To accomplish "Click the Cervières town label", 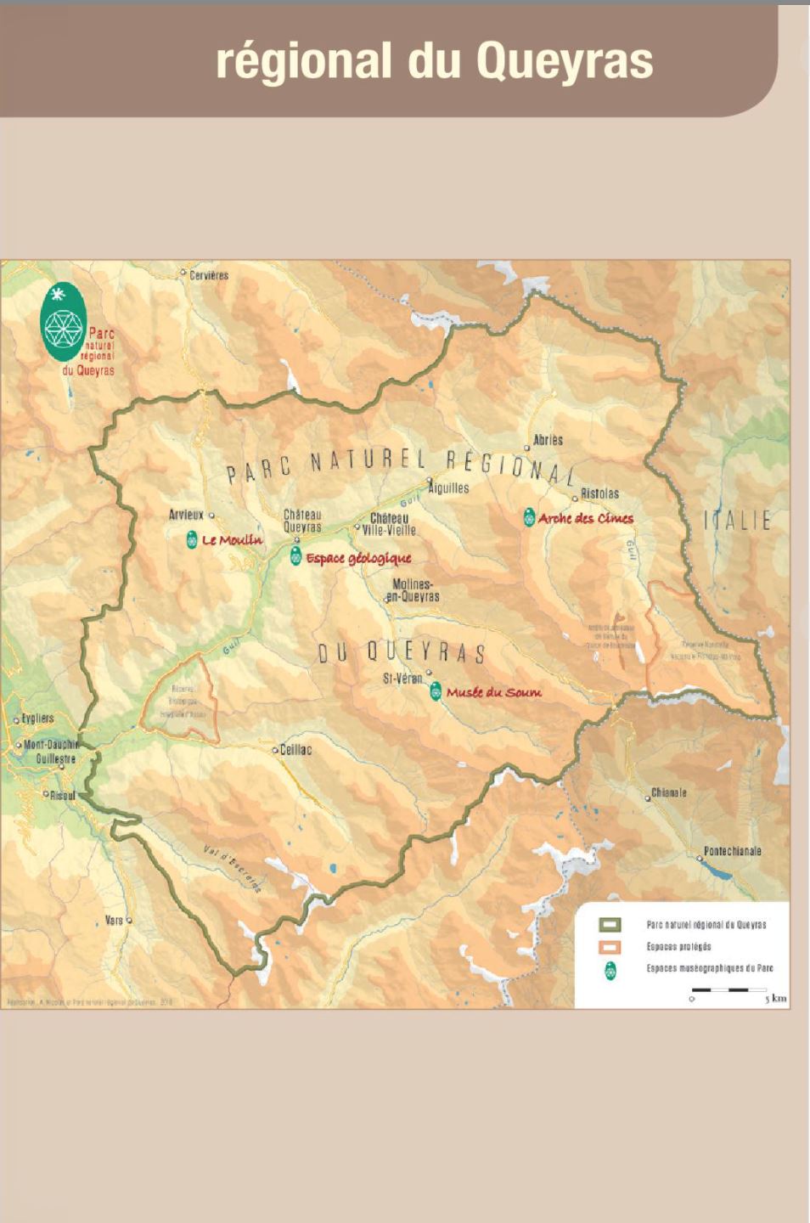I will (209, 275).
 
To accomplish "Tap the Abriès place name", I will (548, 440).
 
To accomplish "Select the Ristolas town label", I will (600, 493).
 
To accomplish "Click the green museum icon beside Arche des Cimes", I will (529, 517).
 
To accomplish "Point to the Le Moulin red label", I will (232, 540).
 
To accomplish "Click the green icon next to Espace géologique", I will (295, 557).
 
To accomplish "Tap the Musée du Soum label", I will (493, 692).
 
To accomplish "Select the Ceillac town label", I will (296, 750).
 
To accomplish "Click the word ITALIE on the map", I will (737, 521).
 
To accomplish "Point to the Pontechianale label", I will (733, 851).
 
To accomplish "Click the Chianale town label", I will (669, 793).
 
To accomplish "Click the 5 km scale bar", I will (729, 990).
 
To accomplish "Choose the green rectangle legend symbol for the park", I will (610, 925).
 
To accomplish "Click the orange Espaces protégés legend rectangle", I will (610, 946).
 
